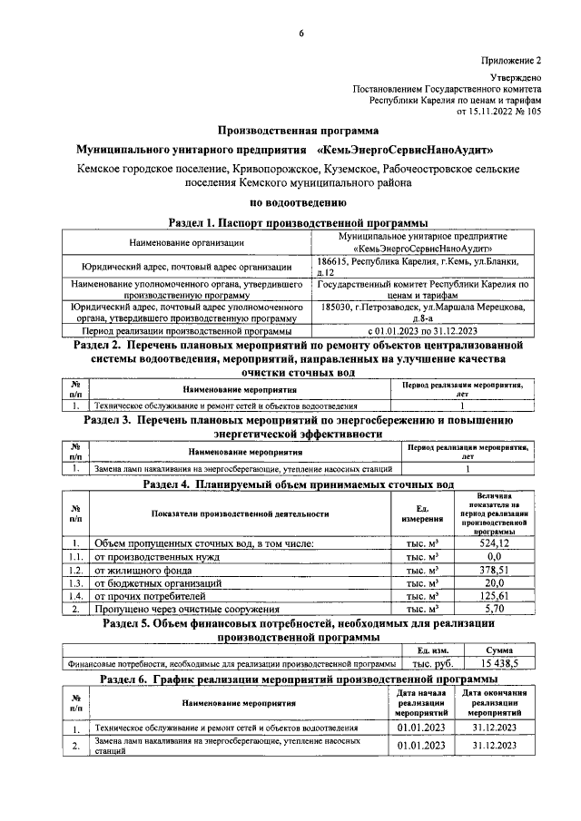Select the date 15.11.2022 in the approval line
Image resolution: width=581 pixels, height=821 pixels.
point(491,112)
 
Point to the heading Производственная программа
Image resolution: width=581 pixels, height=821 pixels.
point(299,129)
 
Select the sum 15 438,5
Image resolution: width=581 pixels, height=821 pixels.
point(494,664)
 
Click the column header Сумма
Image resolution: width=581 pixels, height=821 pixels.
point(494,650)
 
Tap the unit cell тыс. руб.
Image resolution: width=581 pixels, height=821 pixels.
point(429,664)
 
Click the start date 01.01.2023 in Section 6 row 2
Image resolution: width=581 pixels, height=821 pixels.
point(421,746)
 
